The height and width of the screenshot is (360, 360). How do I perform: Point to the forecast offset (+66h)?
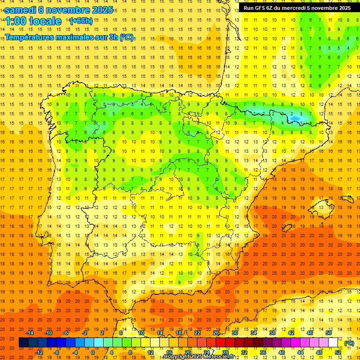81,21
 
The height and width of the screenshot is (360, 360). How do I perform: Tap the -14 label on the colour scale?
30,332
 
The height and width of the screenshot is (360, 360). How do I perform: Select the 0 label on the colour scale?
92,352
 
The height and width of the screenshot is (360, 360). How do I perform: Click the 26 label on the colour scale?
216,332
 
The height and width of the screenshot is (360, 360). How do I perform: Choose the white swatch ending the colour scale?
333,343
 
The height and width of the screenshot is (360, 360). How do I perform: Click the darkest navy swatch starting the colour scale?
23,343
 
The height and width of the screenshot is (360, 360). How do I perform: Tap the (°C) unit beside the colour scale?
349,343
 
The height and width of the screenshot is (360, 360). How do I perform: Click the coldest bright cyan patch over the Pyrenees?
296,119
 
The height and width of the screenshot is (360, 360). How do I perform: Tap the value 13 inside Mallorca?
291,226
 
